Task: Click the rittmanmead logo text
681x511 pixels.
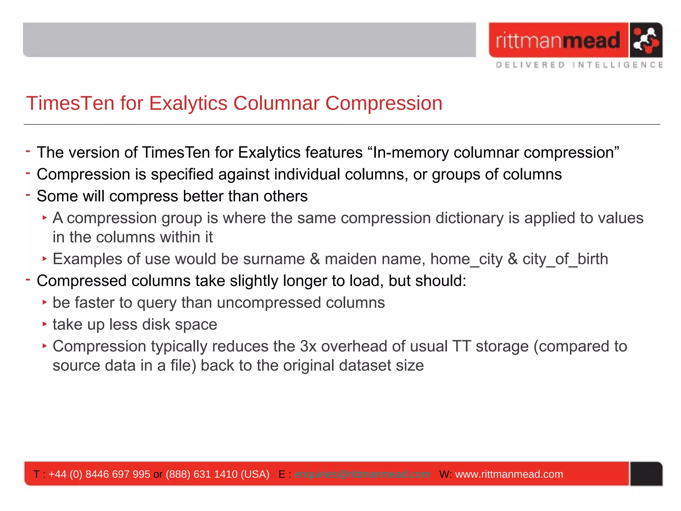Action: pos(558,40)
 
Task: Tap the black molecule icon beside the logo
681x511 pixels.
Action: pos(645,40)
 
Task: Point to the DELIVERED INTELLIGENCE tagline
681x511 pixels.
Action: pos(579,65)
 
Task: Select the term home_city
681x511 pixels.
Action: pos(466,259)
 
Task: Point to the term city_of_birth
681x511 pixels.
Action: pos(565,259)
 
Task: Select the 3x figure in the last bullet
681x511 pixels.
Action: pos(308,346)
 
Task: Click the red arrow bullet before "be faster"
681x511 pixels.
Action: pos(45,302)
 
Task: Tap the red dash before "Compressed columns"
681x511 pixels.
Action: pos(28,280)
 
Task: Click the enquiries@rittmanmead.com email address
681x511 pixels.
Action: pos(362,474)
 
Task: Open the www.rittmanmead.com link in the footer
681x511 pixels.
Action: pos(509,474)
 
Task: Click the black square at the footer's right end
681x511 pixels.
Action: pos(646,474)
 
